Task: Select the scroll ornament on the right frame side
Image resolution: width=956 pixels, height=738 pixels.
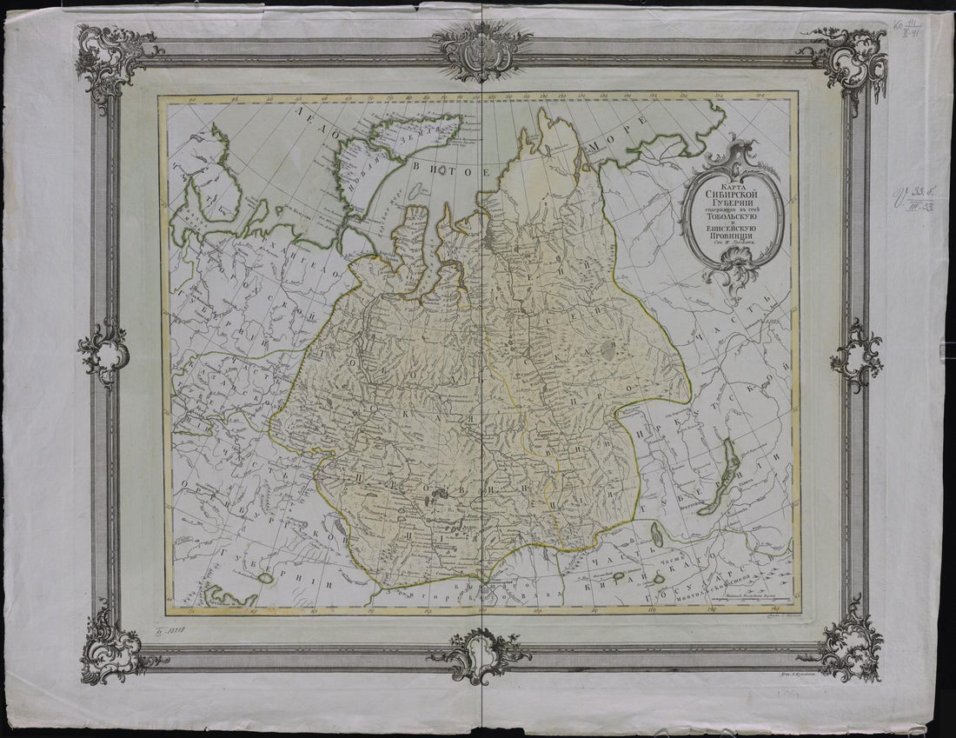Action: tap(855, 355)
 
